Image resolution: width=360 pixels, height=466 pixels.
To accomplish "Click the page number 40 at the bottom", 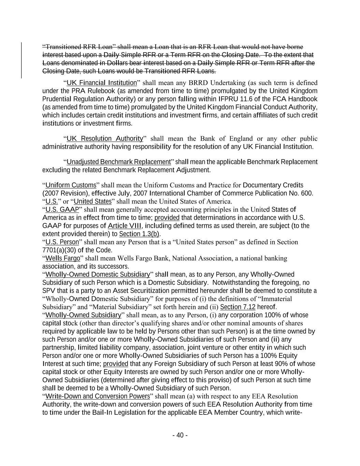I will click(180, 435).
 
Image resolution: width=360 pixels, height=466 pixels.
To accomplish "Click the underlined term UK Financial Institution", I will click(101, 83).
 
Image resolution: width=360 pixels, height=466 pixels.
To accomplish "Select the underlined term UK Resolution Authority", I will click(104, 139).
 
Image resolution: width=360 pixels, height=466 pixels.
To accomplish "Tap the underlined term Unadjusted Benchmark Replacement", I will click(118, 162).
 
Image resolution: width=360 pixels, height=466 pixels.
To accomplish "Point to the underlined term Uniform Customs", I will click(71, 185).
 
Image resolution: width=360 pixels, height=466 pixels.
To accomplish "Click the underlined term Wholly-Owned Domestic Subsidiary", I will click(98, 274).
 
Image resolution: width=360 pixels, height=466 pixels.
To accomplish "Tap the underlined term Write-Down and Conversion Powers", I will click(98, 396).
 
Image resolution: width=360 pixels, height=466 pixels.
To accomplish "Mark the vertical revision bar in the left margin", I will click(22, 60).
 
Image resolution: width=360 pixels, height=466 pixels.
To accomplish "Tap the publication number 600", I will click(306, 193).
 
